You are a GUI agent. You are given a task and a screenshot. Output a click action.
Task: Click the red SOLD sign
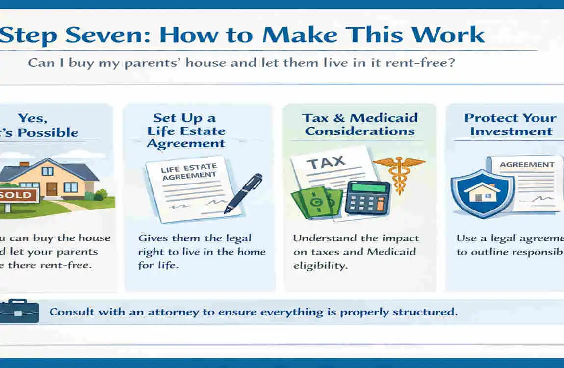coord(17,195)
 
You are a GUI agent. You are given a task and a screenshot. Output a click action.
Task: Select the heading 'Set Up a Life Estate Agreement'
coord(186,131)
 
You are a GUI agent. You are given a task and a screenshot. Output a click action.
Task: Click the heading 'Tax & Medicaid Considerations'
coord(360,125)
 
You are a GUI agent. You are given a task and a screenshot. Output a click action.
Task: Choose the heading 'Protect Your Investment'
coord(510,125)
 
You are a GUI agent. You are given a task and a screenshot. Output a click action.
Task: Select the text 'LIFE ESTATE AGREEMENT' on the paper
coord(188,172)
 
